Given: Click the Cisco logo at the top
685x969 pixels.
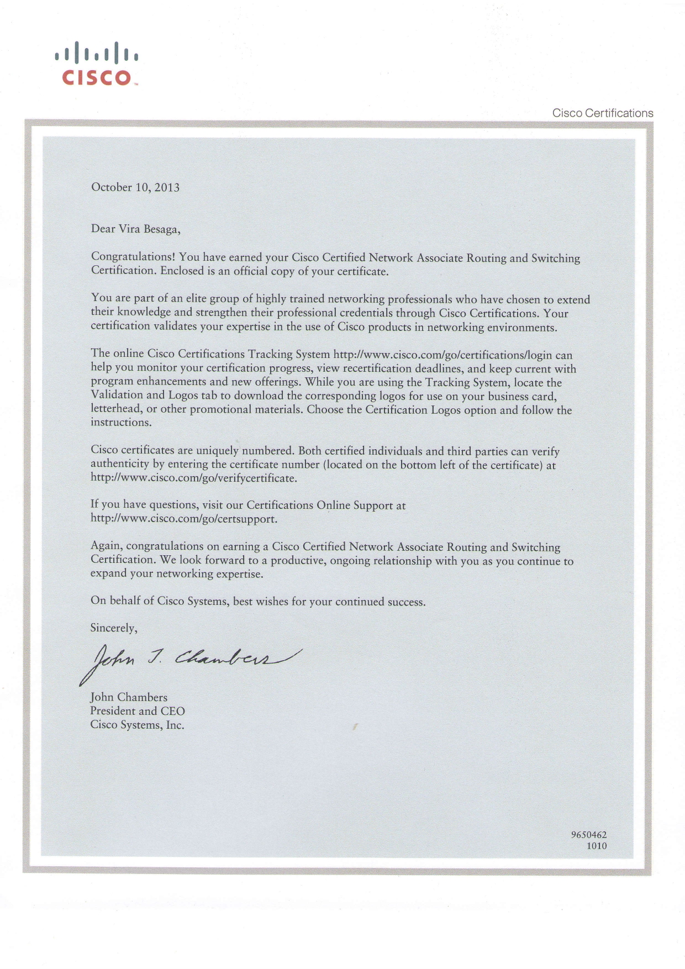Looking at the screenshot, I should pyautogui.click(x=97, y=64).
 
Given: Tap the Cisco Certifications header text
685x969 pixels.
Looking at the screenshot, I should pyautogui.click(x=603, y=113).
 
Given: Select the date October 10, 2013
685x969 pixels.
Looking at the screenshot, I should pyautogui.click(x=135, y=187).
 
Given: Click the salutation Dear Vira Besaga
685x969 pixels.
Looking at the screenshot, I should pyautogui.click(x=135, y=229).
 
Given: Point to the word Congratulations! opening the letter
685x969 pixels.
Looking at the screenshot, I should pyautogui.click(x=133, y=257).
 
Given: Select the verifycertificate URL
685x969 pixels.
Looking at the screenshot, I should pyautogui.click(x=193, y=478).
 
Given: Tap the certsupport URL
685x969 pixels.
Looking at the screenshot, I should pyautogui.click(x=183, y=519).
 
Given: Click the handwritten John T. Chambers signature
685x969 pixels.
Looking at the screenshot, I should pyautogui.click(x=191, y=660).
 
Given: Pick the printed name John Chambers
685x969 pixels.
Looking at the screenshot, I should pyautogui.click(x=129, y=697).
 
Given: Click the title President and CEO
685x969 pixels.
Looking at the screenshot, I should pyautogui.click(x=138, y=711).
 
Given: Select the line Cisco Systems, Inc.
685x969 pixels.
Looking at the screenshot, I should pyautogui.click(x=137, y=725).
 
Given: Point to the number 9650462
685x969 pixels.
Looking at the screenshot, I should pyautogui.click(x=588, y=835).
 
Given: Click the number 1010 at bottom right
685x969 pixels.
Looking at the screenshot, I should pyautogui.click(x=596, y=846).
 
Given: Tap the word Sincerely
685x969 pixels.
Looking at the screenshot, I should pyautogui.click(x=114, y=628).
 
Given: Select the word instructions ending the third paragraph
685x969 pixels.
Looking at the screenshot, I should pyautogui.click(x=120, y=423).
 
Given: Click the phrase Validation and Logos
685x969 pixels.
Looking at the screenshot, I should pyautogui.click(x=147, y=395).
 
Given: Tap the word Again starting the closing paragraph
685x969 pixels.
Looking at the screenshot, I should pyautogui.click(x=107, y=546).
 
